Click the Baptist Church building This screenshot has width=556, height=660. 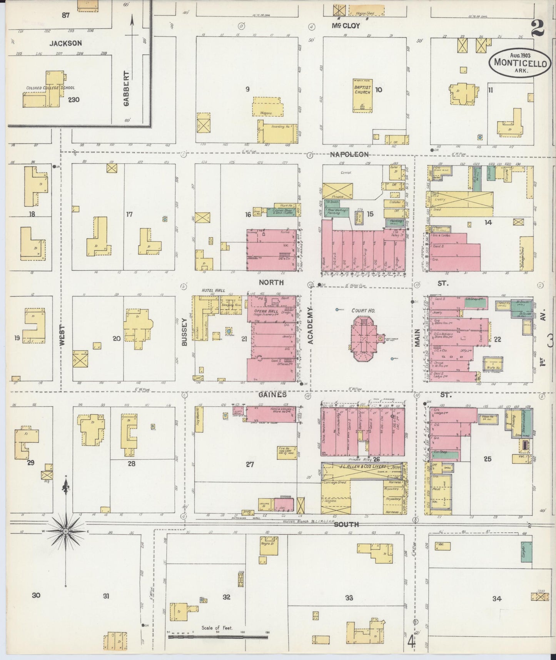(362, 95)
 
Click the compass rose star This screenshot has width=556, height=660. (66, 531)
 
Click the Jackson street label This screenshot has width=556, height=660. (65, 44)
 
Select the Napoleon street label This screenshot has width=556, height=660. (349, 154)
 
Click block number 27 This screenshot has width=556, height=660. (250, 464)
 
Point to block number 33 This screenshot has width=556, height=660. (349, 598)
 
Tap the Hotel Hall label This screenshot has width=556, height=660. (213, 290)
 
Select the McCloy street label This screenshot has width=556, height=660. (346, 26)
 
